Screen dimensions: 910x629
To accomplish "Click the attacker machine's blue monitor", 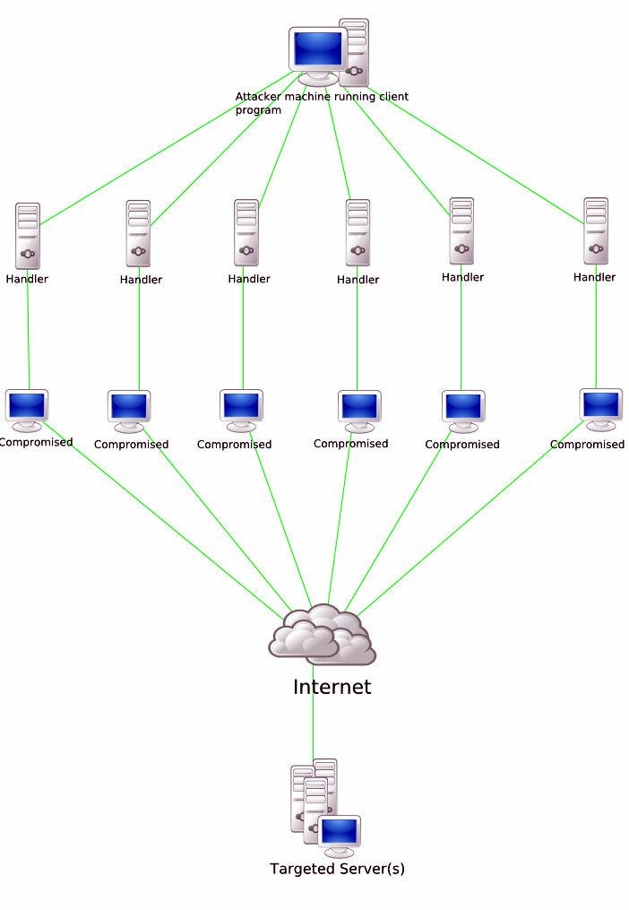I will click(318, 48).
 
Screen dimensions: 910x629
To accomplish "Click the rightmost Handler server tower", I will click(596, 230).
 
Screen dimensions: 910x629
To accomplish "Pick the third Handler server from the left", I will click(246, 232).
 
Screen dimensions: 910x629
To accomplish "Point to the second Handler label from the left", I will click(141, 280).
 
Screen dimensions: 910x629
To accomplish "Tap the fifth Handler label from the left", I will click(462, 277).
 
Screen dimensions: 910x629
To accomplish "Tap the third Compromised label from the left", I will click(234, 445).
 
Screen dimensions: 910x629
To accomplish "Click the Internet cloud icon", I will click(323, 635).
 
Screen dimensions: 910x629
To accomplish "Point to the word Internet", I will click(332, 688).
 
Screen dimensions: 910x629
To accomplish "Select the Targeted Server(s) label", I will click(337, 869).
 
